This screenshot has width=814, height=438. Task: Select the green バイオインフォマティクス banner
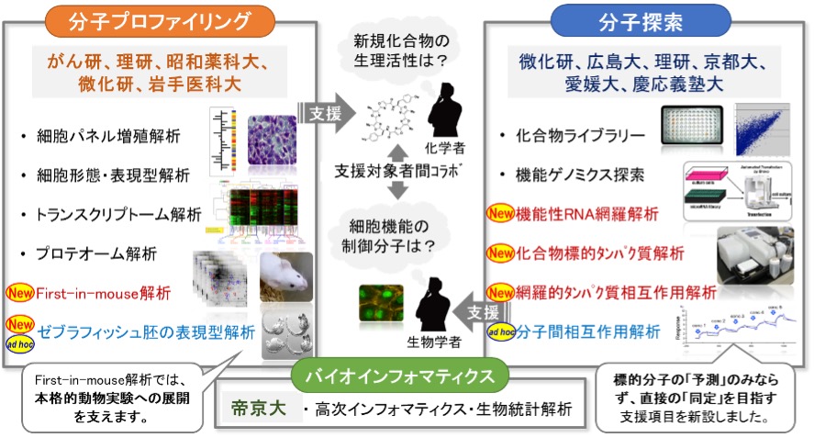point(407,376)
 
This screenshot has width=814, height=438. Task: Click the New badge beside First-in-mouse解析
point(20,294)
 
